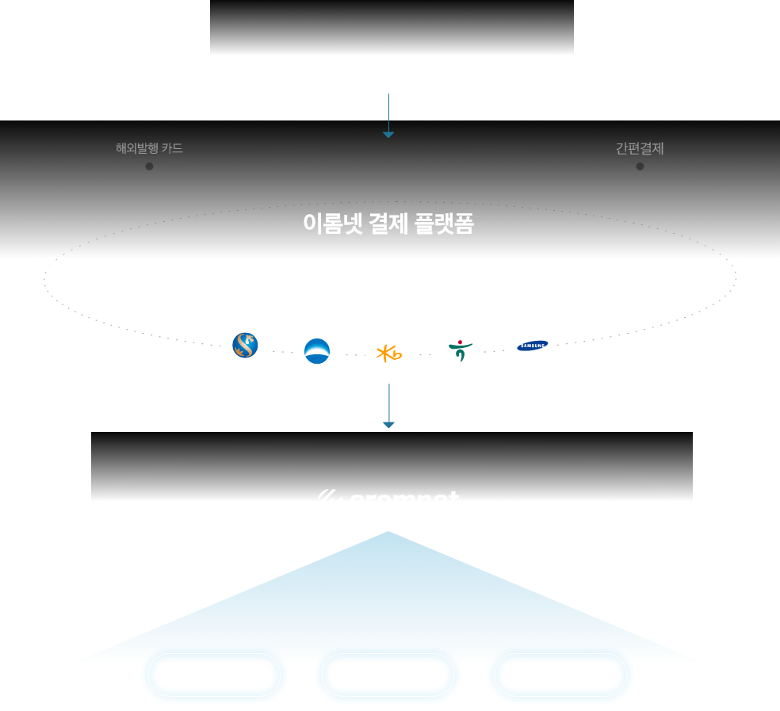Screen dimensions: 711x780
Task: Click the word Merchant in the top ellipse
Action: coord(389,46)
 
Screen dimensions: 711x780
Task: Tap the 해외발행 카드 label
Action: coord(149,148)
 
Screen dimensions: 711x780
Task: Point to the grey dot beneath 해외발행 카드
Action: coord(149,166)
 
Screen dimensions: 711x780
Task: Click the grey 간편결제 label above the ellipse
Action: coord(640,148)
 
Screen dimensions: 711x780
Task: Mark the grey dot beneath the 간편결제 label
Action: coord(640,166)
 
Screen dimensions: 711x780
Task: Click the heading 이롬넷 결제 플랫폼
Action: coord(388,224)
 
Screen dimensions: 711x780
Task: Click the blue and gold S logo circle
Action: coord(245,346)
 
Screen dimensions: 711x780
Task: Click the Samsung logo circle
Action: coord(532,346)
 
